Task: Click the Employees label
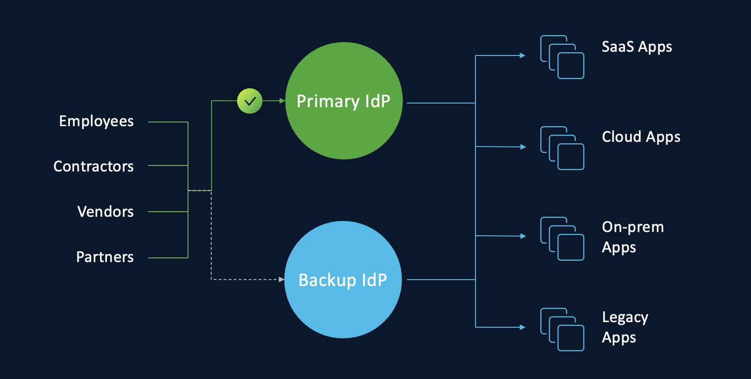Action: click(x=96, y=121)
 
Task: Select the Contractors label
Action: click(x=94, y=166)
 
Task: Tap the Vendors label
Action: click(x=106, y=212)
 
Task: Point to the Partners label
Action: click(x=105, y=257)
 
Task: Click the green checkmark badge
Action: click(x=250, y=101)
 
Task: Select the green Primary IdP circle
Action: click(x=344, y=101)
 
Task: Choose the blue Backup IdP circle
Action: click(x=343, y=280)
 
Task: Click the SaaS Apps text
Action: click(x=637, y=47)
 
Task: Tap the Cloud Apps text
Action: click(x=641, y=137)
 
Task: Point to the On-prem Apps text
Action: click(x=632, y=237)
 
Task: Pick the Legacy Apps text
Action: click(x=625, y=327)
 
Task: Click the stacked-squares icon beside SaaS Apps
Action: click(x=562, y=57)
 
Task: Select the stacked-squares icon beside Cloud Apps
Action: click(x=562, y=148)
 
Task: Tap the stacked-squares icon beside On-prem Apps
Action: click(x=562, y=238)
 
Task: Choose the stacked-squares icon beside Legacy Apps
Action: click(x=562, y=330)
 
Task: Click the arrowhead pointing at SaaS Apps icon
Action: click(x=523, y=55)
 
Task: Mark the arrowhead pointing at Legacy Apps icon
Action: click(x=523, y=327)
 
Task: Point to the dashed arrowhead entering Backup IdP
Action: click(x=282, y=279)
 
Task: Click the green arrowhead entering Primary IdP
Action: click(x=282, y=101)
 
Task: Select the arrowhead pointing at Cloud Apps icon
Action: click(x=523, y=147)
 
